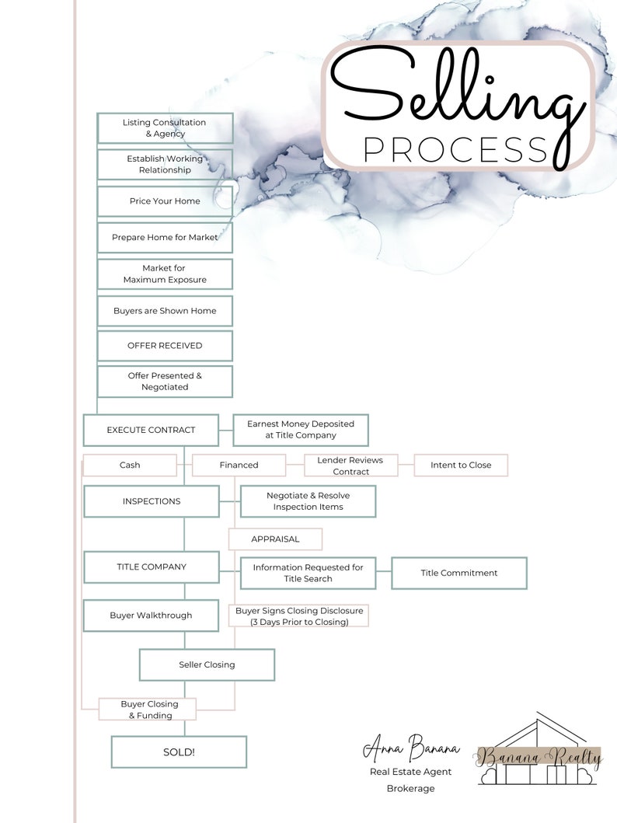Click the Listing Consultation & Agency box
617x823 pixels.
(165, 128)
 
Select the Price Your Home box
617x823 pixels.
(165, 201)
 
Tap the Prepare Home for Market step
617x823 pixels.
(165, 238)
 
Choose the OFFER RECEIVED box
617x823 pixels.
(165, 346)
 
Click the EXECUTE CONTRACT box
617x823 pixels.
(151, 430)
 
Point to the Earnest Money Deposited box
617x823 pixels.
(301, 430)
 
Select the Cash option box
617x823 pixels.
(130, 466)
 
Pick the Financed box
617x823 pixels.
(239, 466)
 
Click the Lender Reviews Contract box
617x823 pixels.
(350, 466)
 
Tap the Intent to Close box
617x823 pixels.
(461, 466)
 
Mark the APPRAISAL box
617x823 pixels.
(275, 539)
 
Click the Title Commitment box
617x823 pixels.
(458, 574)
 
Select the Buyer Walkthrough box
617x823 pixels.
(151, 616)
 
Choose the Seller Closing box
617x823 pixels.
(207, 665)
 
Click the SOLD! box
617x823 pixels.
(179, 752)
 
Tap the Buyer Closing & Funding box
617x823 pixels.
(148, 710)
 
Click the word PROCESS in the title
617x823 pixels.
(455, 148)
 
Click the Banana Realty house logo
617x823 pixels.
(540, 755)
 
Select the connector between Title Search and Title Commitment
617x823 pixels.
(383, 574)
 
